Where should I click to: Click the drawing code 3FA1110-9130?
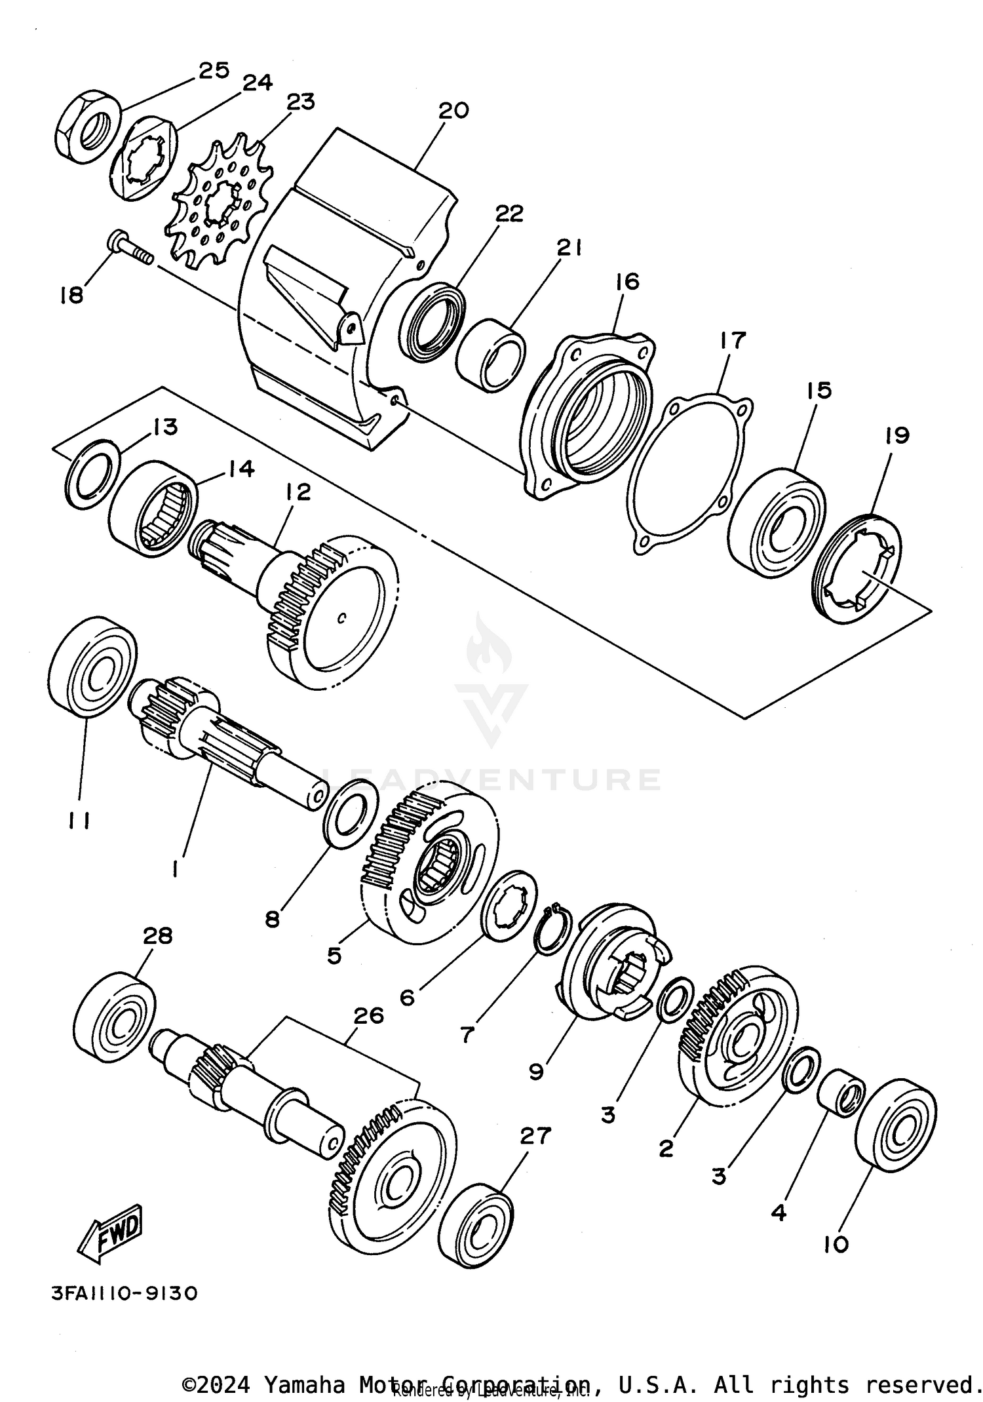click(x=124, y=1294)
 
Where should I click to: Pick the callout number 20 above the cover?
click(x=453, y=109)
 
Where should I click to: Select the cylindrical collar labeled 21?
click(x=491, y=355)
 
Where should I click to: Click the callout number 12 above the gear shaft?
click(x=298, y=492)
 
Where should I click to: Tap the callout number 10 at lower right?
click(x=836, y=1244)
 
